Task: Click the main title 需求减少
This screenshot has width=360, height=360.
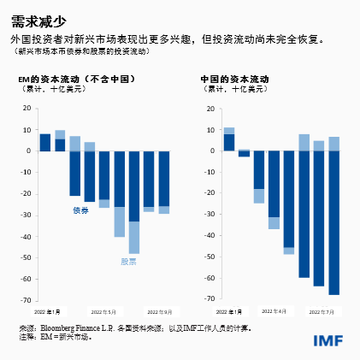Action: (x=37, y=21)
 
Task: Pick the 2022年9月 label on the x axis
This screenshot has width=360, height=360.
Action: (x=159, y=311)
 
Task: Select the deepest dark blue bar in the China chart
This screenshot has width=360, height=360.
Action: (x=333, y=222)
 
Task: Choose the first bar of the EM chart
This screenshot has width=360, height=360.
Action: (x=45, y=142)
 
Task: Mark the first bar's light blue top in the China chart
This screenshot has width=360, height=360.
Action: (x=229, y=131)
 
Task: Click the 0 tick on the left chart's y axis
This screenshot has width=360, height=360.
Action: (x=30, y=151)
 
